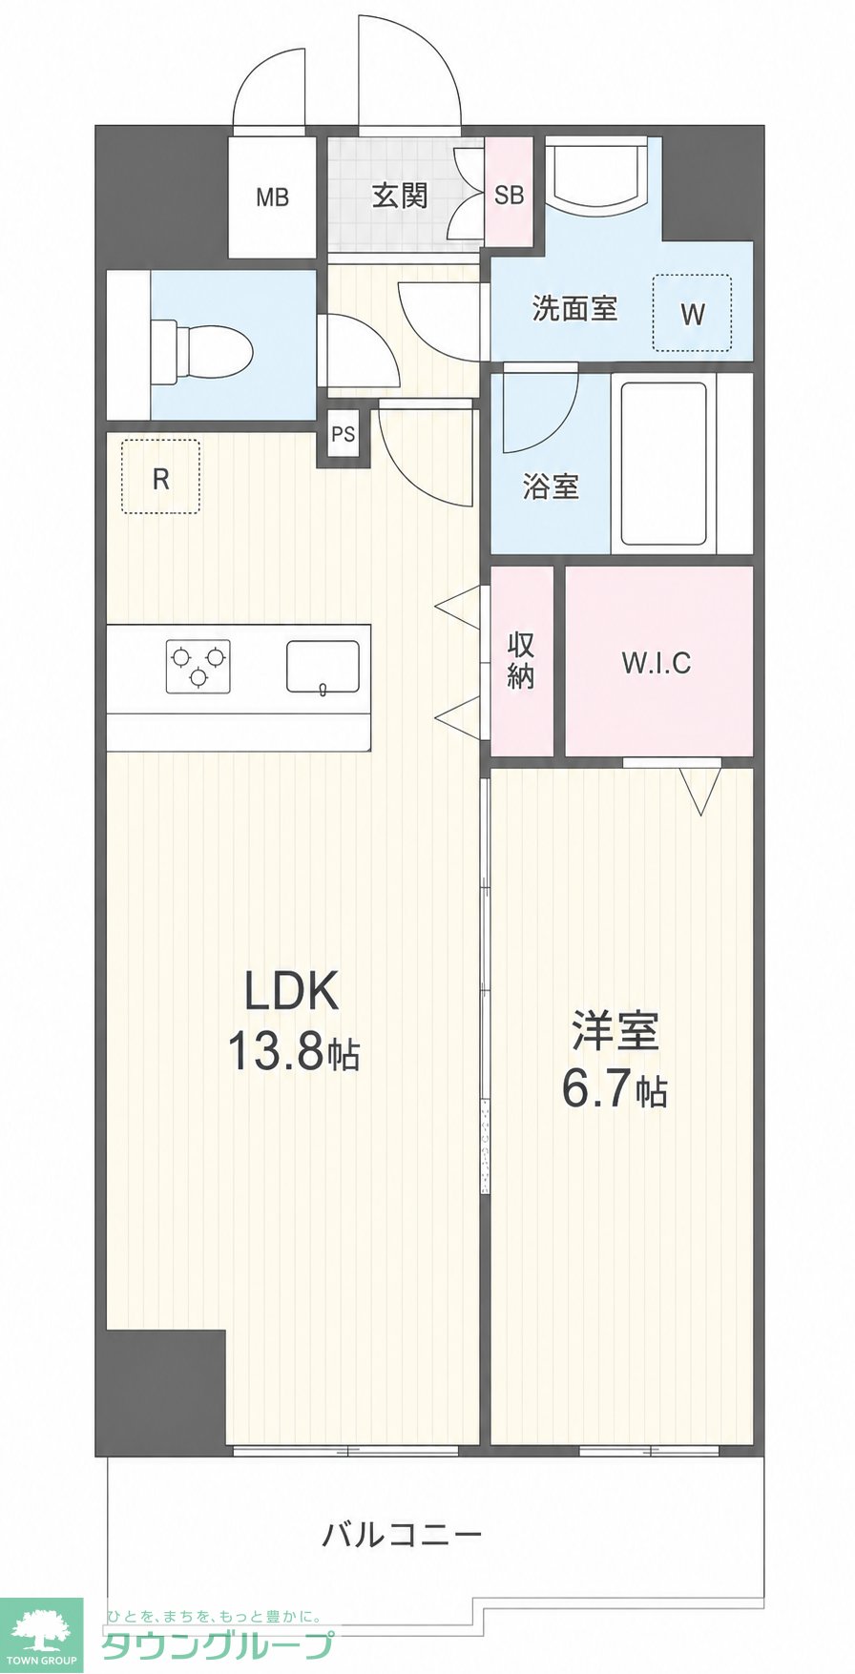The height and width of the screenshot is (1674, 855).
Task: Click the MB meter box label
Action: [x=272, y=197]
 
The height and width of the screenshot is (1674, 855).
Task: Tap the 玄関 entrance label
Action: [x=400, y=196]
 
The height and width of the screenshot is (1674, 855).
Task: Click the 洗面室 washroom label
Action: [x=574, y=308]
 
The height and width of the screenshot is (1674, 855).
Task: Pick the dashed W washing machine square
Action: [x=692, y=313]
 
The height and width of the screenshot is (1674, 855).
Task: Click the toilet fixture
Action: [x=201, y=346]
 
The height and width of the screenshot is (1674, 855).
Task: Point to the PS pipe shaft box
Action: [x=343, y=434]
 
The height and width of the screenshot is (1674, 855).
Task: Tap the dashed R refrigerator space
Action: [x=160, y=477]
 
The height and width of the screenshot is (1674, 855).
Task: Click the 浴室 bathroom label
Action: [x=551, y=486]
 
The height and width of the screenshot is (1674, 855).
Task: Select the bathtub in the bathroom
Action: [x=663, y=463]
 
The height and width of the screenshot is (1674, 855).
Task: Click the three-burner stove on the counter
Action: [x=198, y=665]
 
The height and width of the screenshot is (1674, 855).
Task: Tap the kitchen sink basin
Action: [x=323, y=665]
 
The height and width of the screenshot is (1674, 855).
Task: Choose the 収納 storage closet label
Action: [x=521, y=660]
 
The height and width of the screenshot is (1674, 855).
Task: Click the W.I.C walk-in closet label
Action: [x=657, y=662]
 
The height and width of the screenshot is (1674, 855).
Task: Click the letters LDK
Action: [x=292, y=991]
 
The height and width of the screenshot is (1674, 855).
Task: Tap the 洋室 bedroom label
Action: [x=615, y=1029]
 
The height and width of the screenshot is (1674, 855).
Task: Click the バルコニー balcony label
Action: [x=402, y=1535]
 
